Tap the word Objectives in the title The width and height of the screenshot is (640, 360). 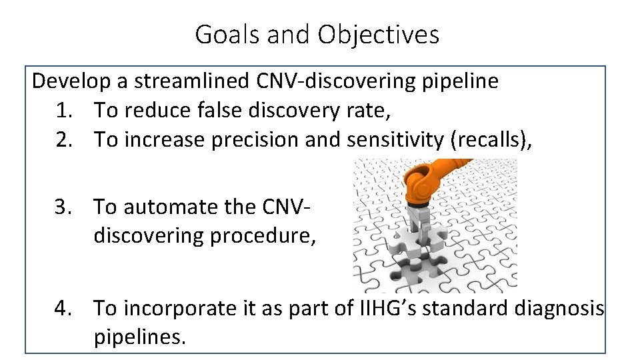click(x=378, y=34)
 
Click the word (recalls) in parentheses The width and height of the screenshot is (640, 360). click(x=491, y=140)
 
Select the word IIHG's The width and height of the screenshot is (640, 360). click(x=378, y=309)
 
